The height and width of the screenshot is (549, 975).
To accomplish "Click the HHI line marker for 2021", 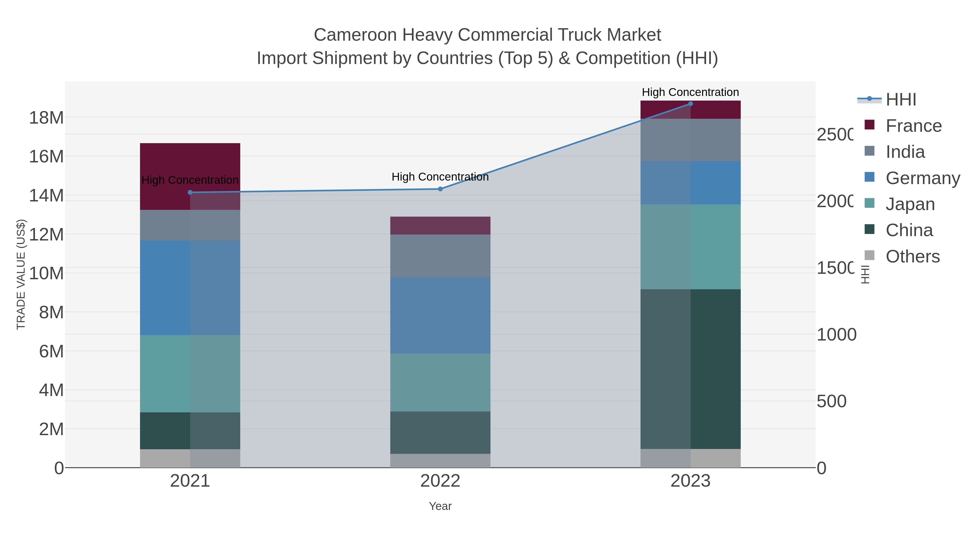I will click(x=190, y=192).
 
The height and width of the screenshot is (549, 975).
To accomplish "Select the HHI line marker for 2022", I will click(x=440, y=189).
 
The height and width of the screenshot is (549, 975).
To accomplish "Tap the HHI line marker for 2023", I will click(x=690, y=104).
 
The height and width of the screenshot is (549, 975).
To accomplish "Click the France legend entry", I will click(x=913, y=126).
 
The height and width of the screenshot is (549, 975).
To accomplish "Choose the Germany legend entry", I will click(x=922, y=178).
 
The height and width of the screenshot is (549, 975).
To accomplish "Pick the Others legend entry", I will click(x=912, y=256).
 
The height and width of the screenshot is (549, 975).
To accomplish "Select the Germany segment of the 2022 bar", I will click(x=440, y=316).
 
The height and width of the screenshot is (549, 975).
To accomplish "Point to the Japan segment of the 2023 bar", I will click(x=690, y=247).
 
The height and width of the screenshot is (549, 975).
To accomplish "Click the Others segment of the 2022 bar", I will click(x=440, y=461).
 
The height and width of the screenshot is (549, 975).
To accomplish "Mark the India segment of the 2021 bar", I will click(x=190, y=225).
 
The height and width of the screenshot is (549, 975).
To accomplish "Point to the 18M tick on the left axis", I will click(x=46, y=118).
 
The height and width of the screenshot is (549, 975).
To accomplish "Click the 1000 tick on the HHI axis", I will click(x=836, y=335).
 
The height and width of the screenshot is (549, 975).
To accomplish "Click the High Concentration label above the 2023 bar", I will click(x=690, y=92).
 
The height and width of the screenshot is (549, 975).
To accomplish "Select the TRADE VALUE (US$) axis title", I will click(x=21, y=274).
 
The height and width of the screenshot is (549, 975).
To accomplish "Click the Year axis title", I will click(x=440, y=506).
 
